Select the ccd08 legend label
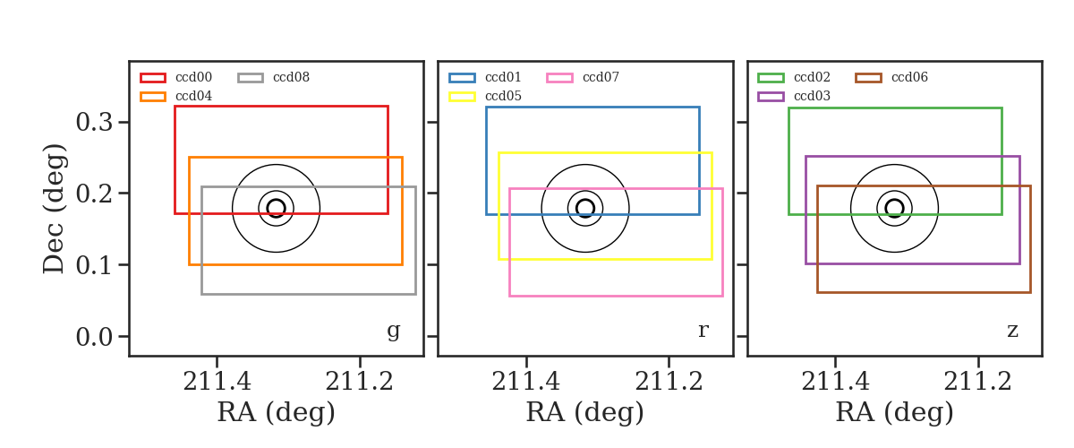tap(292, 77)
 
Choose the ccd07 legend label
tap(601, 77)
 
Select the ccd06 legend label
tap(909, 77)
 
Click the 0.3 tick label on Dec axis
tap(95, 123)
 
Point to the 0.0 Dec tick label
tap(95, 337)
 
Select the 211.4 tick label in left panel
tap(217, 382)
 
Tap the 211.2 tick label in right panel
tap(977, 382)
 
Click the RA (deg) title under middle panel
tap(585, 412)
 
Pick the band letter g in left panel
tap(394, 332)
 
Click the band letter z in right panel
tap(1012, 331)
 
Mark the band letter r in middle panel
tap(703, 331)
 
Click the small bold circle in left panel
tap(277, 200)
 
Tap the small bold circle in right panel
tap(895, 200)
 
